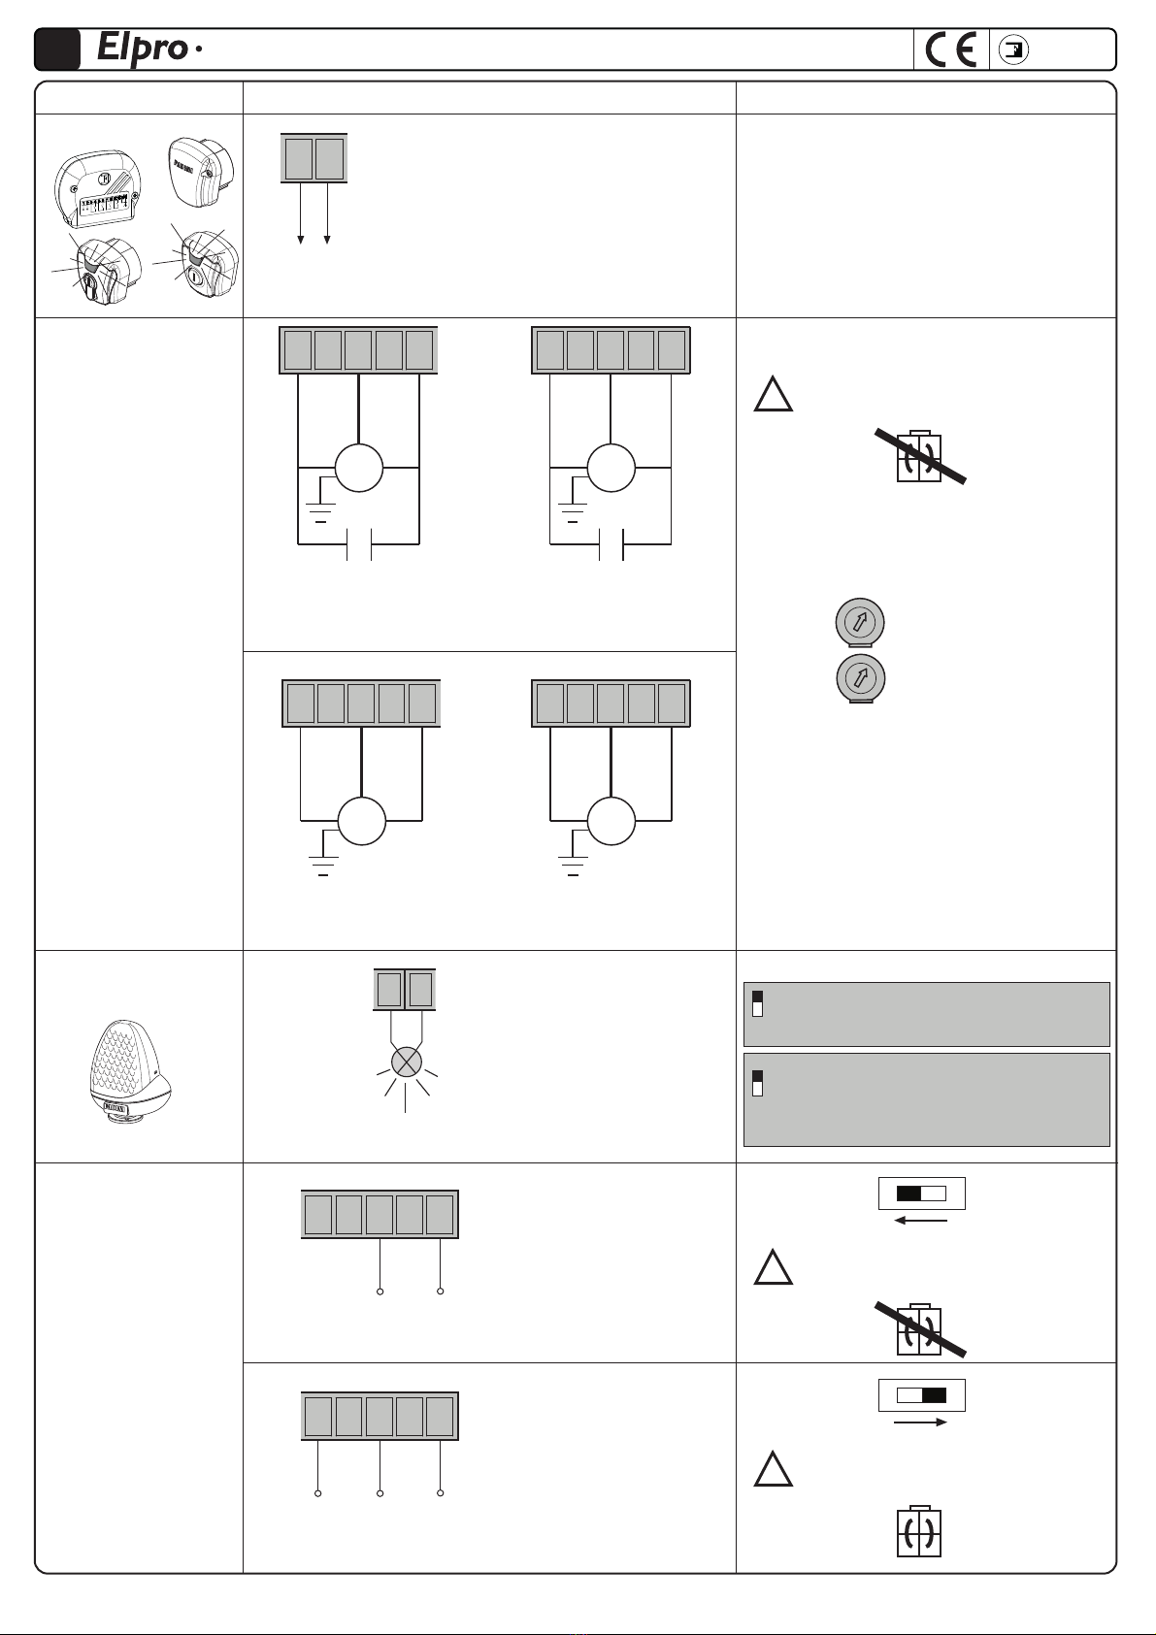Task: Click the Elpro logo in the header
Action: (x=144, y=49)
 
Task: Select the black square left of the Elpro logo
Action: (x=57, y=49)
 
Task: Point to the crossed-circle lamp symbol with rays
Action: (x=405, y=1061)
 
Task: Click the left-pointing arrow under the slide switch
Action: (x=920, y=1220)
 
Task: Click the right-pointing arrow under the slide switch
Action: (x=920, y=1422)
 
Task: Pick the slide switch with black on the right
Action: (x=921, y=1395)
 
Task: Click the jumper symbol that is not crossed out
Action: (x=918, y=1532)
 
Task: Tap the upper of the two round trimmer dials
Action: (x=859, y=621)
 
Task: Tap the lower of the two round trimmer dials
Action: (x=859, y=677)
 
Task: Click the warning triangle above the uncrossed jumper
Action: (x=774, y=1470)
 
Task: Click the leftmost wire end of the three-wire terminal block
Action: (x=317, y=1492)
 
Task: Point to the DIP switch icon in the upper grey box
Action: (x=758, y=1003)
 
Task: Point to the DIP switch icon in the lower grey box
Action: (x=758, y=1083)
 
